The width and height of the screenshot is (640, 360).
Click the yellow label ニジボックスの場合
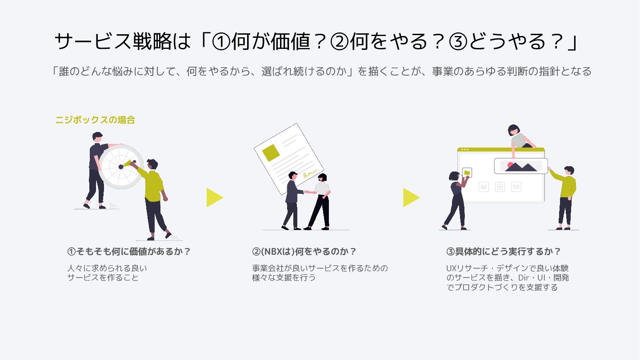pyautogui.click(x=95, y=120)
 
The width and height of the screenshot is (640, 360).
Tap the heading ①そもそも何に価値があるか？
pyautogui.click(x=129, y=252)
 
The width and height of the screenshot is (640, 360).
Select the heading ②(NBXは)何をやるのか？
pyautogui.click(x=304, y=252)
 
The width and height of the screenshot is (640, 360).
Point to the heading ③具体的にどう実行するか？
pyautogui.click(x=504, y=252)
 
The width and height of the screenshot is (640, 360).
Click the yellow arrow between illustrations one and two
pyautogui.click(x=214, y=197)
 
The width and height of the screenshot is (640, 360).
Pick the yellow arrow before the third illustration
pyautogui.click(x=411, y=197)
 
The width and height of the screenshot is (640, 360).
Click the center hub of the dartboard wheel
pyautogui.click(x=121, y=167)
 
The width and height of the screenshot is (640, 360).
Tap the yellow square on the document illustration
pyautogui.click(x=271, y=152)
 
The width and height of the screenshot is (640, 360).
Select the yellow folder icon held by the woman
pyautogui.click(x=467, y=172)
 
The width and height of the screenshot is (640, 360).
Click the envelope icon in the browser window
pyautogui.click(x=516, y=187)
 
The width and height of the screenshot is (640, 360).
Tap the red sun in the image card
pyautogui.click(x=510, y=165)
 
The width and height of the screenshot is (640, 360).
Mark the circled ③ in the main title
pyautogui.click(x=458, y=42)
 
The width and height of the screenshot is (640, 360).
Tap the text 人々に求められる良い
pyautogui.click(x=107, y=268)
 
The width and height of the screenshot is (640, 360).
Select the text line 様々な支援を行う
pyautogui.click(x=284, y=278)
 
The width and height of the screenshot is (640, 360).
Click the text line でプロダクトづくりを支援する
pyautogui.click(x=502, y=288)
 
